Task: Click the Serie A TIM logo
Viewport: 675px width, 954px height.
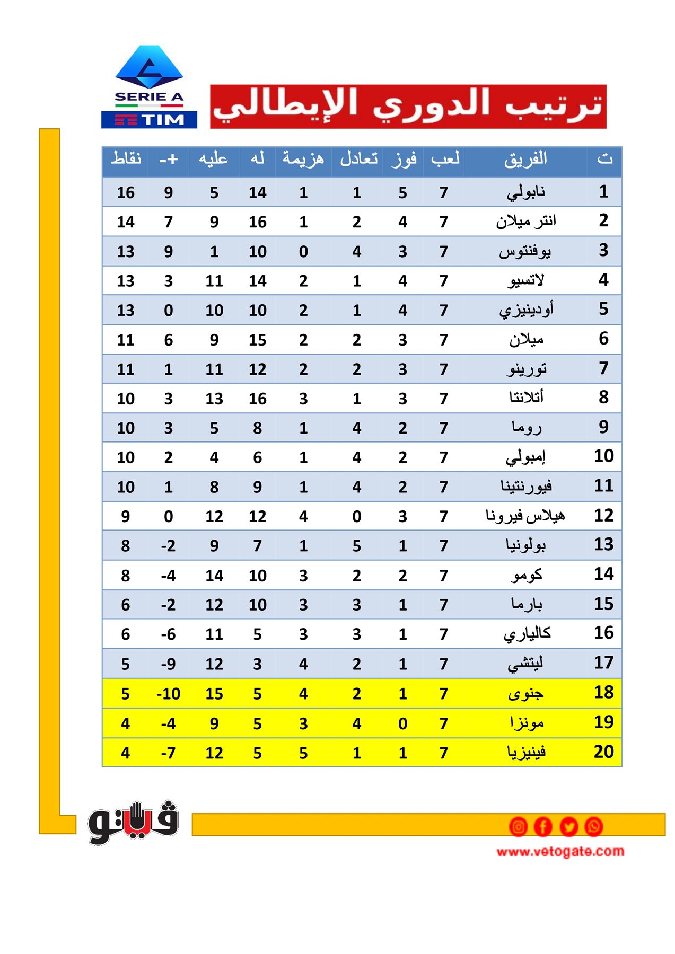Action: [149, 87]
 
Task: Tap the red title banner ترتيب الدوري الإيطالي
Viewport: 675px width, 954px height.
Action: [408, 106]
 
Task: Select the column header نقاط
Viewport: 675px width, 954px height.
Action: [126, 158]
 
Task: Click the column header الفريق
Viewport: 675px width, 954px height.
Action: [525, 159]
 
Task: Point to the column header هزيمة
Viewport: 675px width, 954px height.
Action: [303, 158]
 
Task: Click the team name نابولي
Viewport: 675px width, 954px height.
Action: [525, 192]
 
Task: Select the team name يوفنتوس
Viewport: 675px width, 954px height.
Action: [525, 251]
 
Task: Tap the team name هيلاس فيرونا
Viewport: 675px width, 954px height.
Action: [525, 516]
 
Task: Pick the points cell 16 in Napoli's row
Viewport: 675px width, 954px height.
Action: [126, 192]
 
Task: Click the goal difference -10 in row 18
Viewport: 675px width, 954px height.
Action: [168, 694]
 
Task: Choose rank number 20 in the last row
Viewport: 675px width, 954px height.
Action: [603, 752]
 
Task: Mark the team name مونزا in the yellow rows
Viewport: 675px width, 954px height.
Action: [526, 723]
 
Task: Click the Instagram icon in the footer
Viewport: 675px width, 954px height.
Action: [518, 826]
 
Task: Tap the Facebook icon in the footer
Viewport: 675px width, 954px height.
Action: [543, 826]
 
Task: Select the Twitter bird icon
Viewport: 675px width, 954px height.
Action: [568, 826]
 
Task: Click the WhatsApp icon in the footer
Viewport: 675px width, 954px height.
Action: [593, 826]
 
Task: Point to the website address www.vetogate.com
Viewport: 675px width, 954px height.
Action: [560, 851]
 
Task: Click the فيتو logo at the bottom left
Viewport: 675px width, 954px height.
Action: [133, 823]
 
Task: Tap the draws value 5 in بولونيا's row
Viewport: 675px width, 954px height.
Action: [357, 546]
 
